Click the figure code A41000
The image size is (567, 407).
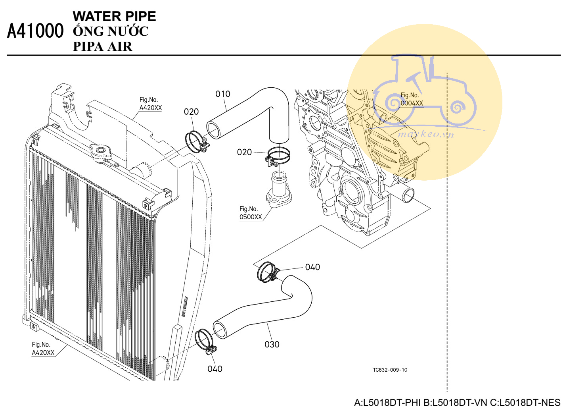35,31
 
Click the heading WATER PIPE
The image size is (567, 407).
114,16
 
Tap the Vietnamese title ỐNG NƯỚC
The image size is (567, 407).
111,31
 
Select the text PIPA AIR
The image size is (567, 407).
103,46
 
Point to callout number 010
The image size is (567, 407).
223,94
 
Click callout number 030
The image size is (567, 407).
272,344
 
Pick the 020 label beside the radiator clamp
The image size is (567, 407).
191,112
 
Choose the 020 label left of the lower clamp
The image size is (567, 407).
244,152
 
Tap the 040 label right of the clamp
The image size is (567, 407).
312,267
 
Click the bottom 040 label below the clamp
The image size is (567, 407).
215,369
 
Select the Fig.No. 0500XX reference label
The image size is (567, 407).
251,213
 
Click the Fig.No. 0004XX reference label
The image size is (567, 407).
412,99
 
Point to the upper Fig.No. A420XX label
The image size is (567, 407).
150,104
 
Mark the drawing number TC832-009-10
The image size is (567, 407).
390,370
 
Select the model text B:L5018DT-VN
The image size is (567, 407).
455,402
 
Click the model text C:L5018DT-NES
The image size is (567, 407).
525,402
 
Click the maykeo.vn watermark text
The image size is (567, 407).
425,134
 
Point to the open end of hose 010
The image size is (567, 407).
213,130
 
